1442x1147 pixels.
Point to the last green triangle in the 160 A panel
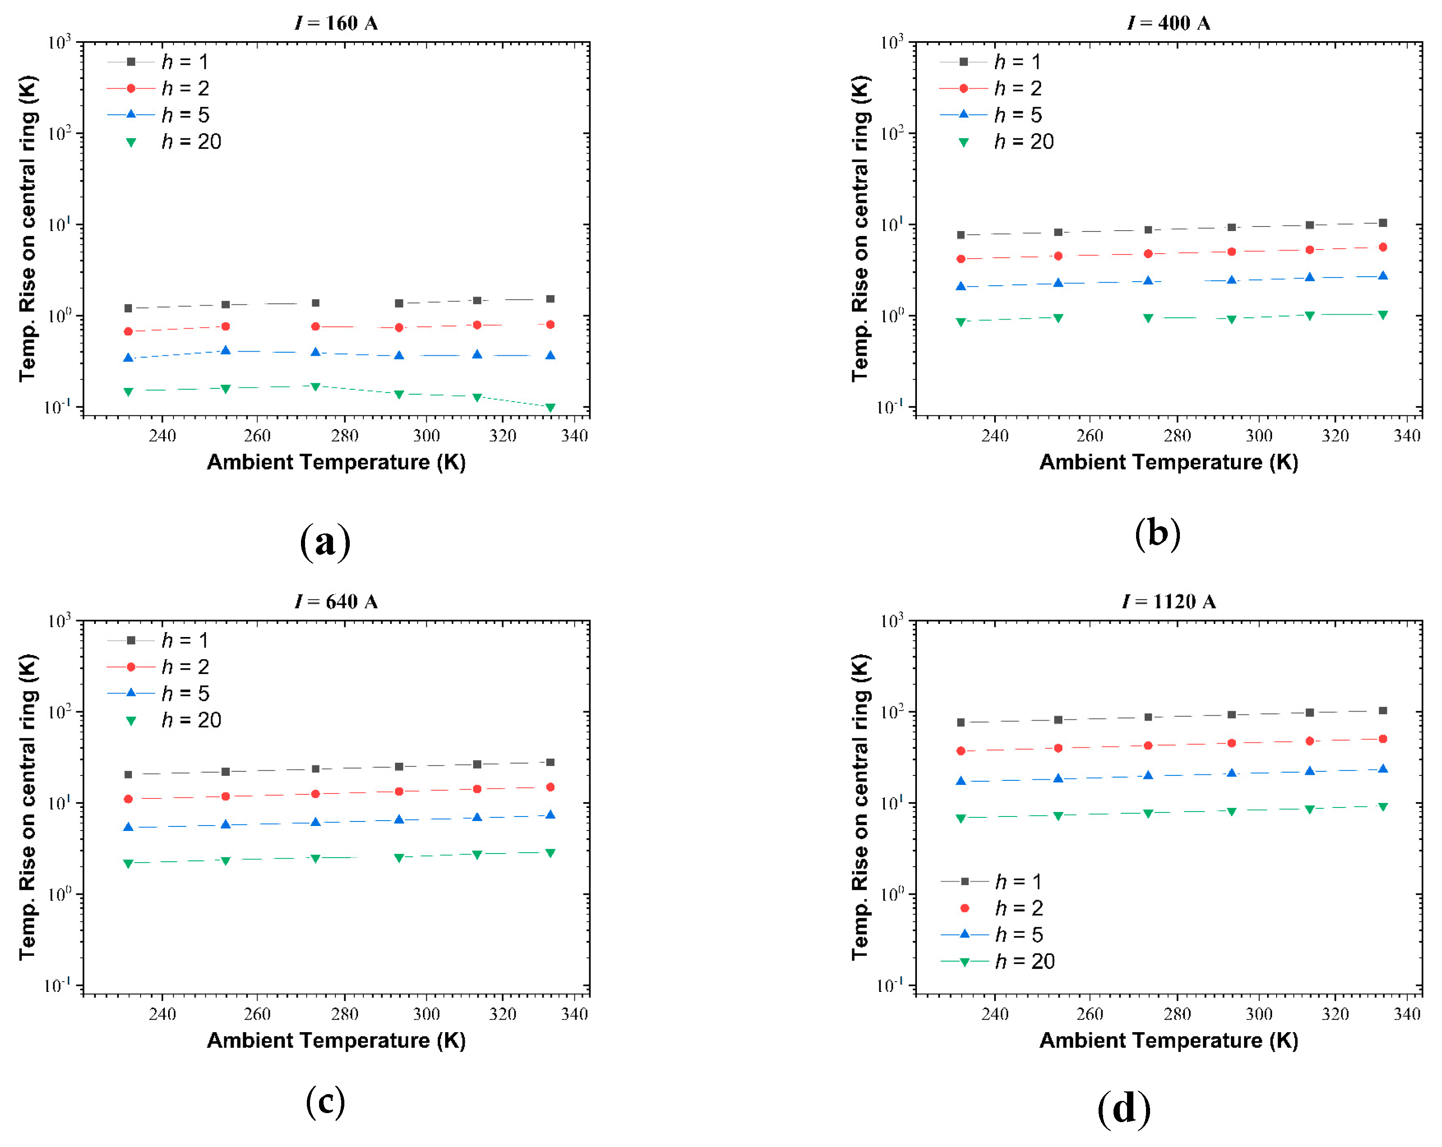pyautogui.click(x=550, y=407)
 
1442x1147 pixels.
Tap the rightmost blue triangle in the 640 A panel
pyautogui.click(x=550, y=815)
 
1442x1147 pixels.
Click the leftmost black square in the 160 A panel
pyautogui.click(x=128, y=308)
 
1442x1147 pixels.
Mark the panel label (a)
pyautogui.click(x=325, y=541)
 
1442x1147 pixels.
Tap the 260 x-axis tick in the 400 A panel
pyautogui.click(x=1089, y=436)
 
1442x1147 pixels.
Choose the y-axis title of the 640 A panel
pyautogui.click(x=28, y=807)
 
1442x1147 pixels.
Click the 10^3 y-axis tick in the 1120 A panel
pyautogui.click(x=892, y=622)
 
